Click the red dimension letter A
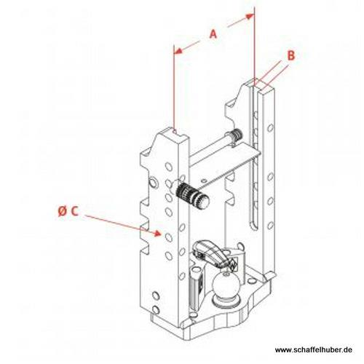coord(213,34)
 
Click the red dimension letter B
coord(291,55)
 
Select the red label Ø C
coord(68,211)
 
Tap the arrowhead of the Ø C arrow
coord(158,233)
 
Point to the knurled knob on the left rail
coord(193,196)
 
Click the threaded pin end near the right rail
coord(236,134)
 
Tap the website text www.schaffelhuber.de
coord(314,349)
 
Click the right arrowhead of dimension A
coord(250,16)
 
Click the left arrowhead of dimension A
coord(178,51)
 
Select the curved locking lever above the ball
coord(212,253)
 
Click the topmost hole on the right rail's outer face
coord(271,127)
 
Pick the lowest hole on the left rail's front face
coord(156,310)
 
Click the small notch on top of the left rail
coord(174,131)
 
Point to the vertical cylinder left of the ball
coord(195,289)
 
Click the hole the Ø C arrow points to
coord(169,237)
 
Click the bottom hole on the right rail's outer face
coord(270,226)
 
